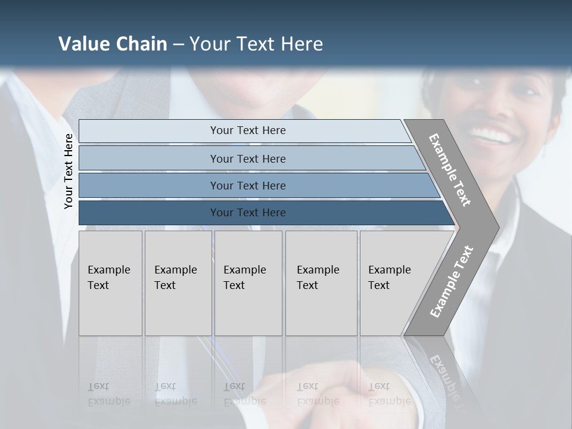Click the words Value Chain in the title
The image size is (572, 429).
pyautogui.click(x=113, y=43)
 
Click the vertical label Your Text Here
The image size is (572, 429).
pyautogui.click(x=69, y=171)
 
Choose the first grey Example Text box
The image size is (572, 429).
pyautogui.click(x=110, y=283)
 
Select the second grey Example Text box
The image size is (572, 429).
pyautogui.click(x=178, y=283)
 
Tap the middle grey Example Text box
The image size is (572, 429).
pyautogui.click(x=248, y=283)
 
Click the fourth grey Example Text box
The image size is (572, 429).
pyautogui.click(x=321, y=283)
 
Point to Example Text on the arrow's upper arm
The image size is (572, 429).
pyautogui.click(x=450, y=170)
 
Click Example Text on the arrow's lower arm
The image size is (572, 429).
pyautogui.click(x=451, y=282)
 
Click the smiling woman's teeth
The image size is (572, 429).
pyautogui.click(x=494, y=135)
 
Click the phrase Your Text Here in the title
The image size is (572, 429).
pyautogui.click(x=256, y=43)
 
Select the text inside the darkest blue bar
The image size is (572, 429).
pyautogui.click(x=248, y=213)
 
